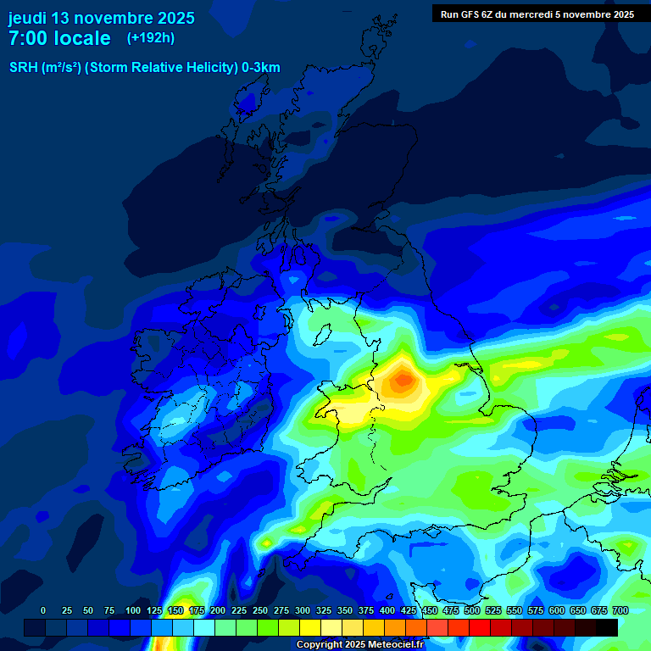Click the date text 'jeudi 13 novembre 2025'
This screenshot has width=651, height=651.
[101, 18]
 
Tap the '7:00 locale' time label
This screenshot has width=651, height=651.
[59, 38]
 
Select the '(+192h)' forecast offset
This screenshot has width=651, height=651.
[151, 38]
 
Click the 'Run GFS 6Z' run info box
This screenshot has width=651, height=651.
[537, 14]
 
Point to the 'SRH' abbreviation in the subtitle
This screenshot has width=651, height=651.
[23, 68]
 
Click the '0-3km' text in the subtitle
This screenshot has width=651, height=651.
[261, 68]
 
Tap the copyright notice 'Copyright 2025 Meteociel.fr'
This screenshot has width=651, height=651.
[360, 645]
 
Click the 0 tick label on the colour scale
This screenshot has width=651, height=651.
[43, 610]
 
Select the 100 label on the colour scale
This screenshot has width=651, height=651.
[133, 610]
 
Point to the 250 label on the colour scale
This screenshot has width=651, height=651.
[260, 610]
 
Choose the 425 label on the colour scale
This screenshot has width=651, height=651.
[409, 610]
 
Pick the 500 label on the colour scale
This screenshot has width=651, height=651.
[472, 610]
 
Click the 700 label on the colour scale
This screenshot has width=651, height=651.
[620, 610]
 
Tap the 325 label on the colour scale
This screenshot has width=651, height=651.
[324, 610]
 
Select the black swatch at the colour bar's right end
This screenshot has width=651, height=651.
[607, 627]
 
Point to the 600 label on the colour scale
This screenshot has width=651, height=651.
[557, 610]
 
